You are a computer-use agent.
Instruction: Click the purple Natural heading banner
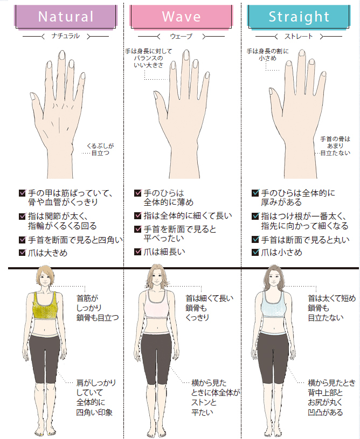(x=65, y=17)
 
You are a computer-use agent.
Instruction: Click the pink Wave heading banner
(x=181, y=17)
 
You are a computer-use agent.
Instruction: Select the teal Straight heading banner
(x=299, y=17)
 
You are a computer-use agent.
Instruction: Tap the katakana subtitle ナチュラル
(x=66, y=36)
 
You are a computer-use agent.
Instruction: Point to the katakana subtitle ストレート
(x=299, y=37)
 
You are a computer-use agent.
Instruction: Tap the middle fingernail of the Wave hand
(x=186, y=55)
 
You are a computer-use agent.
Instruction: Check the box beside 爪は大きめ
(x=22, y=253)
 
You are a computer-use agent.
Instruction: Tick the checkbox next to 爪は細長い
(x=138, y=252)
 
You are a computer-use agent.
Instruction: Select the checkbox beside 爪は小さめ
(x=255, y=252)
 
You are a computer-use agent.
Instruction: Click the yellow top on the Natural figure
(x=45, y=305)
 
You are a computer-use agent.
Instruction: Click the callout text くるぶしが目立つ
(x=100, y=150)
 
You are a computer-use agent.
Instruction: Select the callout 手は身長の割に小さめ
(x=267, y=55)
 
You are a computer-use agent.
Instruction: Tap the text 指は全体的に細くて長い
(x=188, y=216)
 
